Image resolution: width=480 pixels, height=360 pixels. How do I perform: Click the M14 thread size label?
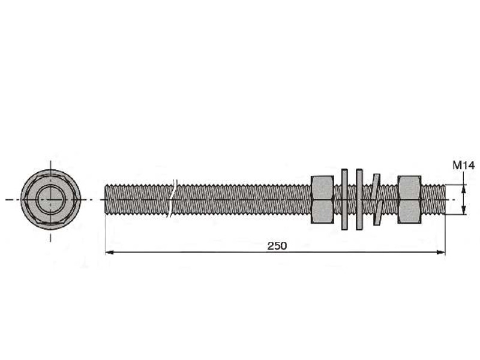coord(464,166)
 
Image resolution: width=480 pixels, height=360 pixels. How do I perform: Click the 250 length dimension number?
coord(277,245)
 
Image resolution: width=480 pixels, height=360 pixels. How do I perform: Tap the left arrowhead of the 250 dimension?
coord(110,252)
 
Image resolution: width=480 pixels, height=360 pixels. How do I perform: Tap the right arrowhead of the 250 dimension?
coord(441,252)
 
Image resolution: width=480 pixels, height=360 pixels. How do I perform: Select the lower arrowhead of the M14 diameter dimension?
coord(464,210)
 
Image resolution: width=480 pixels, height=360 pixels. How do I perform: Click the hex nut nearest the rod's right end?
coord(409,200)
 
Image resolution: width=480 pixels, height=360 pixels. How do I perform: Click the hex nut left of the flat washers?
coord(322,200)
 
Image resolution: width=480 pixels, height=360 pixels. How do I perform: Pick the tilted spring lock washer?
coord(377,200)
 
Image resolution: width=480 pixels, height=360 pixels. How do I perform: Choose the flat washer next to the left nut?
coord(344,199)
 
